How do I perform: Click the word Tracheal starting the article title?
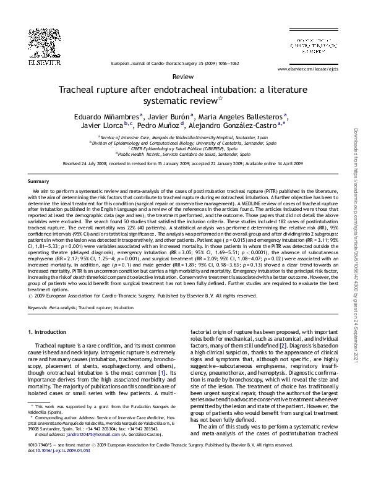pos(79,89)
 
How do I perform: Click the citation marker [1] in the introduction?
pos(162,374)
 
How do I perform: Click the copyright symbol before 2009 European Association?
pos(32,296)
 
